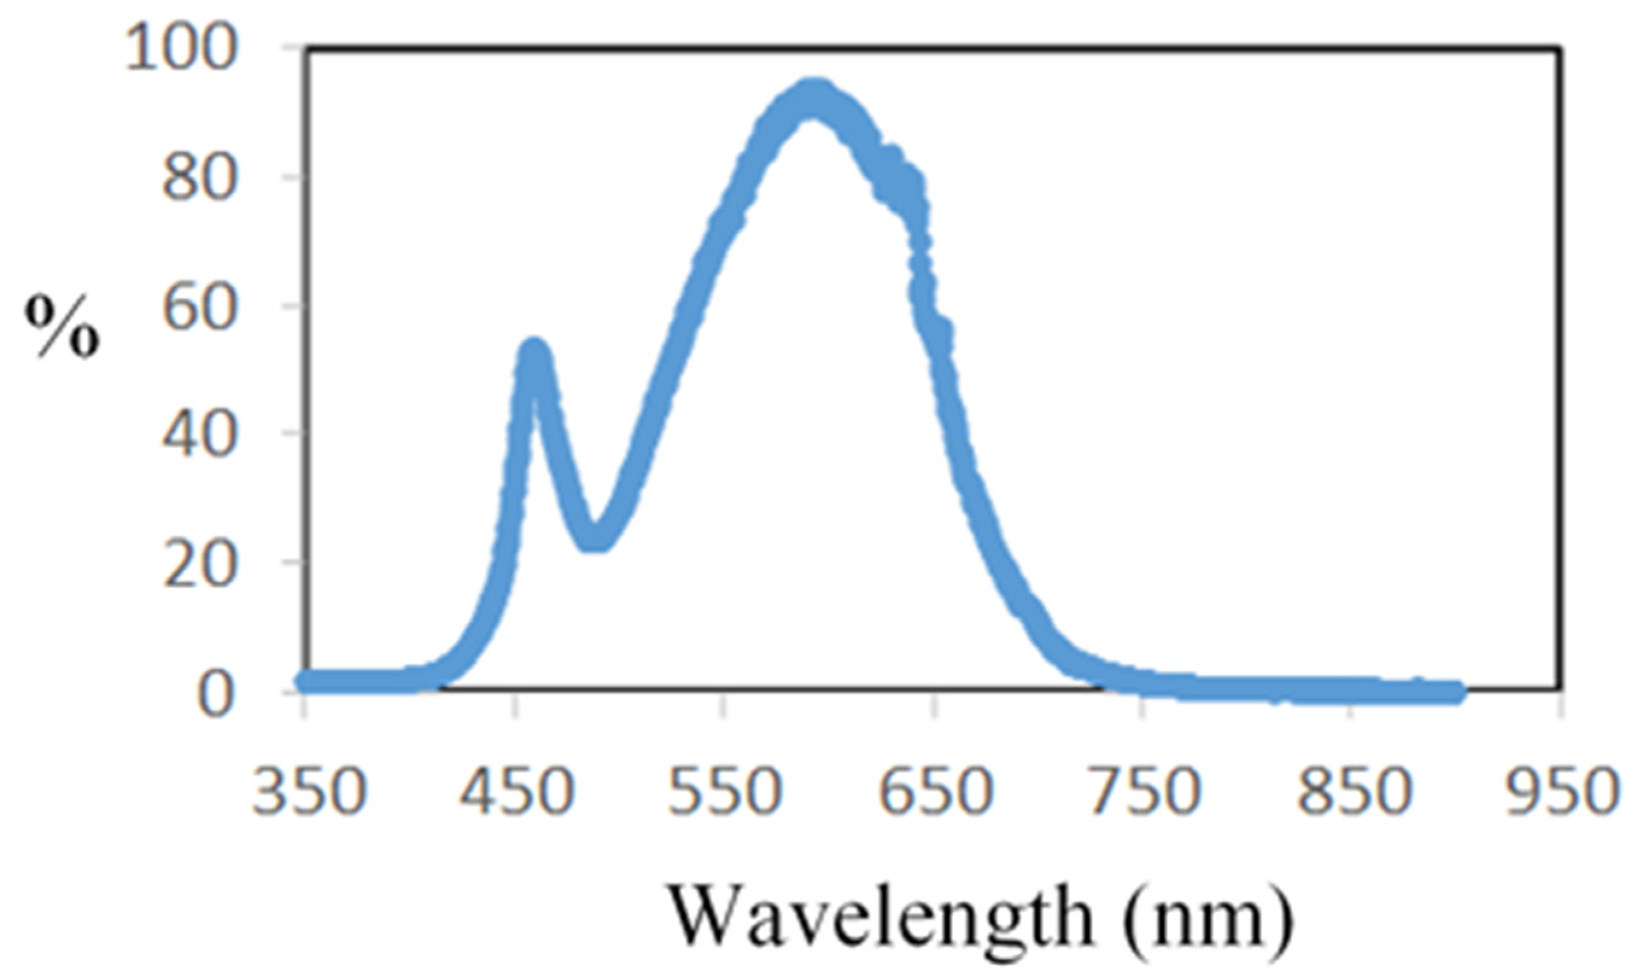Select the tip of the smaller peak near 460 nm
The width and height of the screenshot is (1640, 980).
pos(534,350)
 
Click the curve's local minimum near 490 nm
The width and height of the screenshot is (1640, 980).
pos(596,538)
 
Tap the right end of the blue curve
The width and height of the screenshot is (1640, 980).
pos(1458,692)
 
